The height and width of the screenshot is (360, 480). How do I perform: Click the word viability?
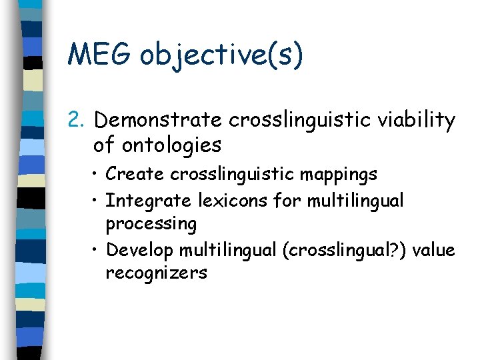(417, 121)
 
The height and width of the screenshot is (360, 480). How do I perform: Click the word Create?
(135, 175)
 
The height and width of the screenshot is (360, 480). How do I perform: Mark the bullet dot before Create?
(97, 175)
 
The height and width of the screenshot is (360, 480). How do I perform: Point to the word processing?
(151, 224)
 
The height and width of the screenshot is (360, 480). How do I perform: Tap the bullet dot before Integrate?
(97, 200)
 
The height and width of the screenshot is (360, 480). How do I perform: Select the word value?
(434, 250)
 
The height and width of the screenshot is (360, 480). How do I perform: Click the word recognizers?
(156, 273)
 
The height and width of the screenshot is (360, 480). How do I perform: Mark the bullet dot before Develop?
(97, 250)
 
